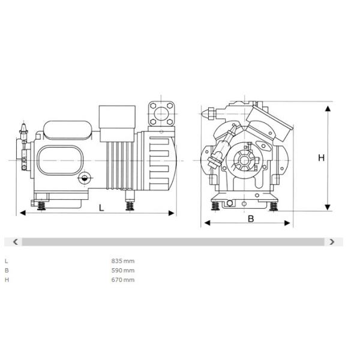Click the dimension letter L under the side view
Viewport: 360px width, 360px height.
pyautogui.click(x=101, y=208)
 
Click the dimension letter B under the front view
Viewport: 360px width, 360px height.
pyautogui.click(x=251, y=218)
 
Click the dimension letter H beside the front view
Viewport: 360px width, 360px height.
pyautogui.click(x=321, y=158)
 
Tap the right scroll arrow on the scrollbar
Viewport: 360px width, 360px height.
pyautogui.click(x=332, y=242)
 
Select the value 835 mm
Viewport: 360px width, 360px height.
pyautogui.click(x=123, y=261)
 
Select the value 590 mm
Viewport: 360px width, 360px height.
pyautogui.click(x=123, y=270)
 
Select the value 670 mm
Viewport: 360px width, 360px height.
pyautogui.click(x=123, y=280)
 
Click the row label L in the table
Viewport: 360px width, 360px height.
pyautogui.click(x=7, y=261)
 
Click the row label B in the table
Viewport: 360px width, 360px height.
pyautogui.click(x=7, y=270)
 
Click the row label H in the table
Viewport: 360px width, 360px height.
pyautogui.click(x=7, y=280)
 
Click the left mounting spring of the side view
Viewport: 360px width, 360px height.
pyautogui.click(x=42, y=205)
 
